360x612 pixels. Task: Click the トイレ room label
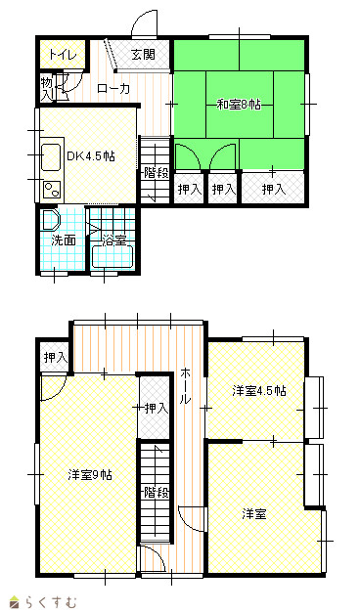[62, 55]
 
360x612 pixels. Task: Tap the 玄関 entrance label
[143, 54]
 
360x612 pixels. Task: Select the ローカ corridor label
[112, 89]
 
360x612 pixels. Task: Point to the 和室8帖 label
[239, 105]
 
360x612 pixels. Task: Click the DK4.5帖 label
[91, 156]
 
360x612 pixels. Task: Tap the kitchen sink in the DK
[51, 156]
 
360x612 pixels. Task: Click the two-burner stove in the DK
[52, 191]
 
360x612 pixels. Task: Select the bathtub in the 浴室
[112, 256]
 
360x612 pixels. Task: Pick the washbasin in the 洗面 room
[50, 220]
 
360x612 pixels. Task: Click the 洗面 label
[64, 240]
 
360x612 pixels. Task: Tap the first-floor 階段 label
[157, 172]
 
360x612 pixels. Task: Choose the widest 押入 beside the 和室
[273, 189]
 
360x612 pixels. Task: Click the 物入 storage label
[47, 89]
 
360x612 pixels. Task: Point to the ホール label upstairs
[185, 385]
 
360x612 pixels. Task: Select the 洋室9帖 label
[90, 474]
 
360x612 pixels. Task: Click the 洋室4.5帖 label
[259, 390]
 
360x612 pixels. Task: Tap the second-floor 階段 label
[157, 492]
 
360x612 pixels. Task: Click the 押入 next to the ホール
[156, 408]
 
